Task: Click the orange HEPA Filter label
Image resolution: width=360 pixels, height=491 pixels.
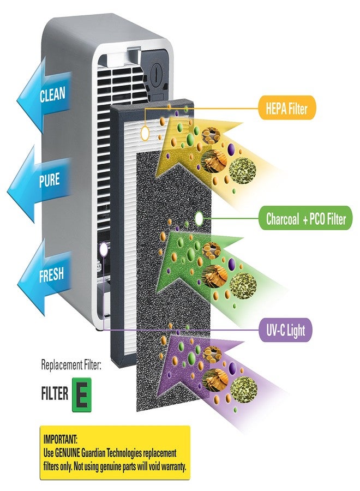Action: pyautogui.click(x=286, y=107)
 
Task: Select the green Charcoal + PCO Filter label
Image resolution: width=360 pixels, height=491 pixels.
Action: pyautogui.click(x=305, y=218)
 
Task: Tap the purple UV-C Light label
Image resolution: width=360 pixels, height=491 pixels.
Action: pyautogui.click(x=285, y=330)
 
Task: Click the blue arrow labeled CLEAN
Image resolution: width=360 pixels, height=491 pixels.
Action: pyautogui.click(x=44, y=94)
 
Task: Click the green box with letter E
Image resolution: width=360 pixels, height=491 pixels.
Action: pyautogui.click(x=82, y=394)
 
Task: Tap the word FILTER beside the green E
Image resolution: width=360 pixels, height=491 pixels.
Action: pyautogui.click(x=55, y=393)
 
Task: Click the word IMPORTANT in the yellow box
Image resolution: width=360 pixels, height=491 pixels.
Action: pyautogui.click(x=60, y=439)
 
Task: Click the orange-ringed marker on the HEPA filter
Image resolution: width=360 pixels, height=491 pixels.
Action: pyautogui.click(x=145, y=133)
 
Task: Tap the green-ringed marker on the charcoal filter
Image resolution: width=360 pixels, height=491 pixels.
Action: pyautogui.click(x=199, y=219)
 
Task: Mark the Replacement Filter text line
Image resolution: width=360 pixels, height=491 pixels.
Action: pyautogui.click(x=71, y=365)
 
